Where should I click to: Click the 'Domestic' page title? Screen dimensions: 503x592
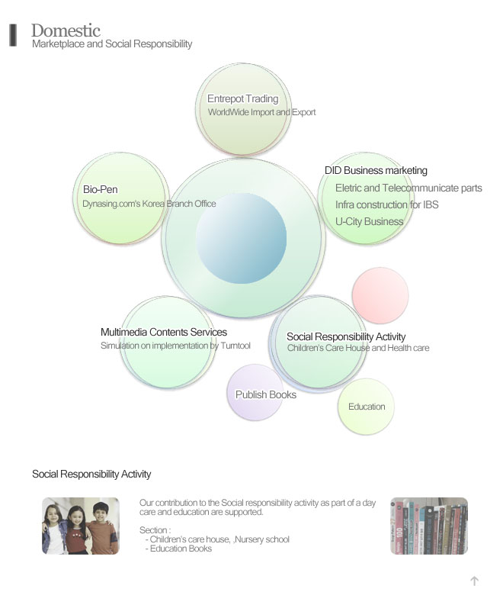[x=66, y=31]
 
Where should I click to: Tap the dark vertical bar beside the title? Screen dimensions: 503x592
[x=13, y=35]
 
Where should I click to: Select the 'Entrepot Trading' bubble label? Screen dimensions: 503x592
[x=243, y=99]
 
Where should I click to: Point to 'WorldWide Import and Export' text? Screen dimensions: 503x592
[x=261, y=112]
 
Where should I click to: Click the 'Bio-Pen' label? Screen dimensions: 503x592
[x=101, y=189]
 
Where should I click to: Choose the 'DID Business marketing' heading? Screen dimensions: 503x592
[x=376, y=170]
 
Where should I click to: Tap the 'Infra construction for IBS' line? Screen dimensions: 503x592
[x=387, y=204]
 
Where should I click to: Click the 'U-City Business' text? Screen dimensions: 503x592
[x=369, y=221]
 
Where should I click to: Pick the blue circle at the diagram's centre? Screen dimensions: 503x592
[x=242, y=238]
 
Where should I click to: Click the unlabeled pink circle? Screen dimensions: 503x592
[x=380, y=296]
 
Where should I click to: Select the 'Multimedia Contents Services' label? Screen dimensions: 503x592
[x=164, y=333]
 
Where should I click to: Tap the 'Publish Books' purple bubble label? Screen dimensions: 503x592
[x=266, y=394]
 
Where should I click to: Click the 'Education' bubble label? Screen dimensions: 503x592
[x=367, y=407]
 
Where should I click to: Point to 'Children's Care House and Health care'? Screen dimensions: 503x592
[x=358, y=348]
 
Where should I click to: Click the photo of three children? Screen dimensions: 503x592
[x=81, y=526]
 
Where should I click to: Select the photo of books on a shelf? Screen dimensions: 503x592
[x=429, y=526]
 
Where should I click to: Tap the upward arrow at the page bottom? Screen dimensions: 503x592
[x=474, y=581]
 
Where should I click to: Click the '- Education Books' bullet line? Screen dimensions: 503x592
[x=178, y=549]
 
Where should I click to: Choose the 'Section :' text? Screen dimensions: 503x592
[x=155, y=530]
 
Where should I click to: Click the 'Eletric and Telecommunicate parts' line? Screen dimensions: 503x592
[x=408, y=188]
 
